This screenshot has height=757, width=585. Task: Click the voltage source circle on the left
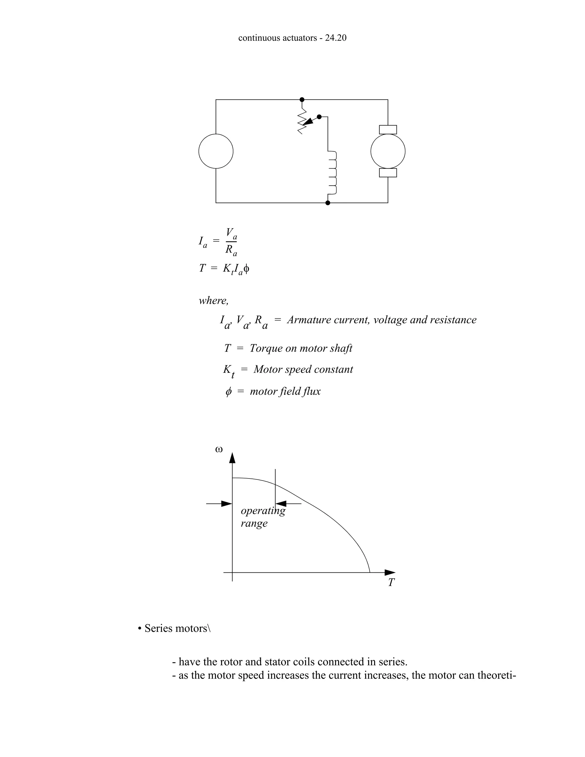pos(216,151)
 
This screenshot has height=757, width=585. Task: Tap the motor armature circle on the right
pos(388,151)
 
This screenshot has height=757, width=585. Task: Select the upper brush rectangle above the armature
pos(388,130)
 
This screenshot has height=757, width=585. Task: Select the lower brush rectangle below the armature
pos(388,173)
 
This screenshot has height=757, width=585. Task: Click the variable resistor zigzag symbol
pos(302,121)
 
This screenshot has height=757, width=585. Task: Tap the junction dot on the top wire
pos(302,99)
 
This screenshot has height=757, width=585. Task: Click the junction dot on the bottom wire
pos(328,203)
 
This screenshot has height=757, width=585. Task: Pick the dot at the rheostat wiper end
pos(319,117)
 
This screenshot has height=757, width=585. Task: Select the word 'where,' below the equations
pos(213,301)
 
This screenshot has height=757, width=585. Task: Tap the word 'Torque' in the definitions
pos(265,348)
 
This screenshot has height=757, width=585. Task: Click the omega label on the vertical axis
pos(219,450)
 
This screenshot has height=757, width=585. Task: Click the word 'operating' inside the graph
pos(263,510)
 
